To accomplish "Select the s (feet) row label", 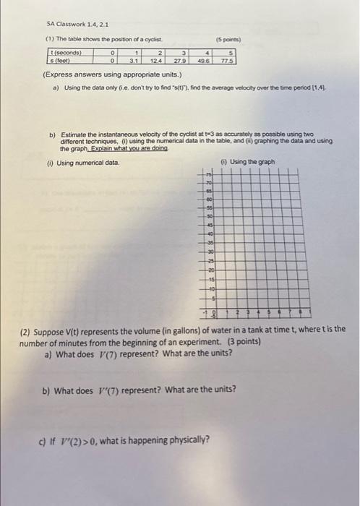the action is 58,61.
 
